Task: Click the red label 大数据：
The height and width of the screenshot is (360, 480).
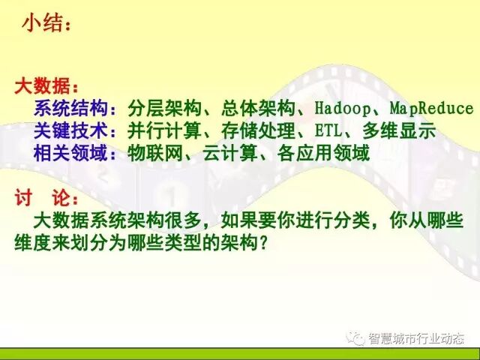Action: pyautogui.click(x=46, y=85)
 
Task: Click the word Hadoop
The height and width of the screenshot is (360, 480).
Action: pyautogui.click(x=342, y=109)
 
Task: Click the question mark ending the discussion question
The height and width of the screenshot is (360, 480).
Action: pyautogui.click(x=262, y=243)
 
